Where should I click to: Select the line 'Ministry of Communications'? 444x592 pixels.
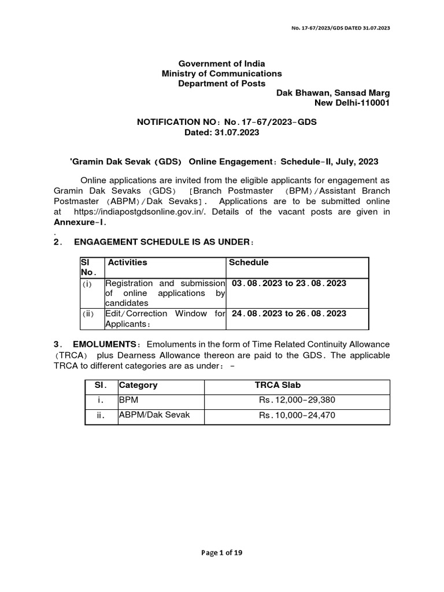[221, 73]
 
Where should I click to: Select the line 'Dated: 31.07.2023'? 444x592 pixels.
[221, 132]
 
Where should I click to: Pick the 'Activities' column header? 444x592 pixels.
[128, 262]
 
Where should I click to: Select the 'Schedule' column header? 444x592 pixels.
[249, 262]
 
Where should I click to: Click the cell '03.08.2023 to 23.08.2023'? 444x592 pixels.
[289, 283]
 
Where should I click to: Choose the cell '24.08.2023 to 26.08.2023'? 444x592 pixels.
[289, 314]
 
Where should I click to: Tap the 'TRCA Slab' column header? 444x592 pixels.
[277, 385]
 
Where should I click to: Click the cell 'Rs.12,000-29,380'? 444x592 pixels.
[297, 400]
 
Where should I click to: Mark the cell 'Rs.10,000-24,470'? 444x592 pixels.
[297, 415]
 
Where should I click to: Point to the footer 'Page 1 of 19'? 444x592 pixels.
[221, 553]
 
